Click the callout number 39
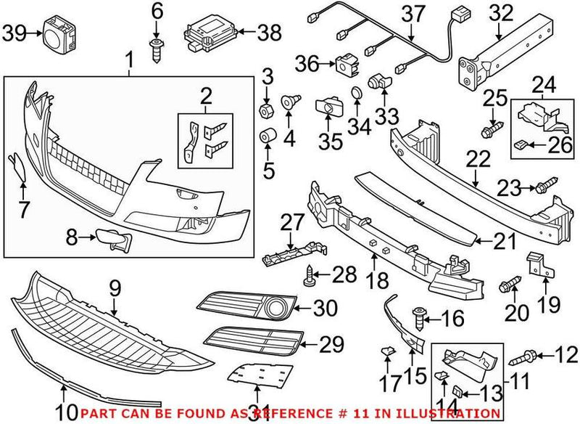(x=14, y=32)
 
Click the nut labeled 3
(x=266, y=110)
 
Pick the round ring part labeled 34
(x=357, y=94)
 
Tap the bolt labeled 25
(x=490, y=131)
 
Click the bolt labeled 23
(x=544, y=189)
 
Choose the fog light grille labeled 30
(x=251, y=308)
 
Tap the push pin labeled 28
(x=312, y=274)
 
